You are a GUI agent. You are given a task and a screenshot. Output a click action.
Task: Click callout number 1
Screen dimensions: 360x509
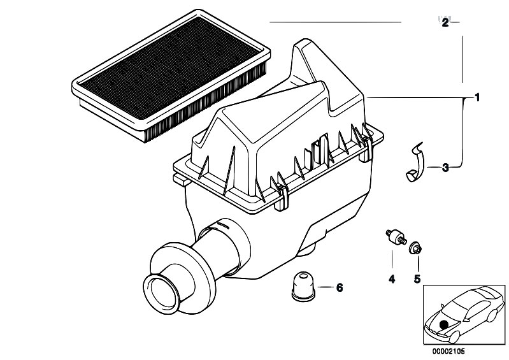pos(476,99)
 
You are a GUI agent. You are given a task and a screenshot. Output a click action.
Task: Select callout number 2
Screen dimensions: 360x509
pos(445,23)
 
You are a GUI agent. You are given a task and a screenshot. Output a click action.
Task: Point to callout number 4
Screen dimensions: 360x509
pos(392,278)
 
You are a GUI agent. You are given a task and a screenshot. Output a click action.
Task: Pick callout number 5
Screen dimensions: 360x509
pos(417,278)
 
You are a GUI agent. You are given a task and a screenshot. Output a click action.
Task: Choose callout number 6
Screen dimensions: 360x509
pos(339,288)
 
